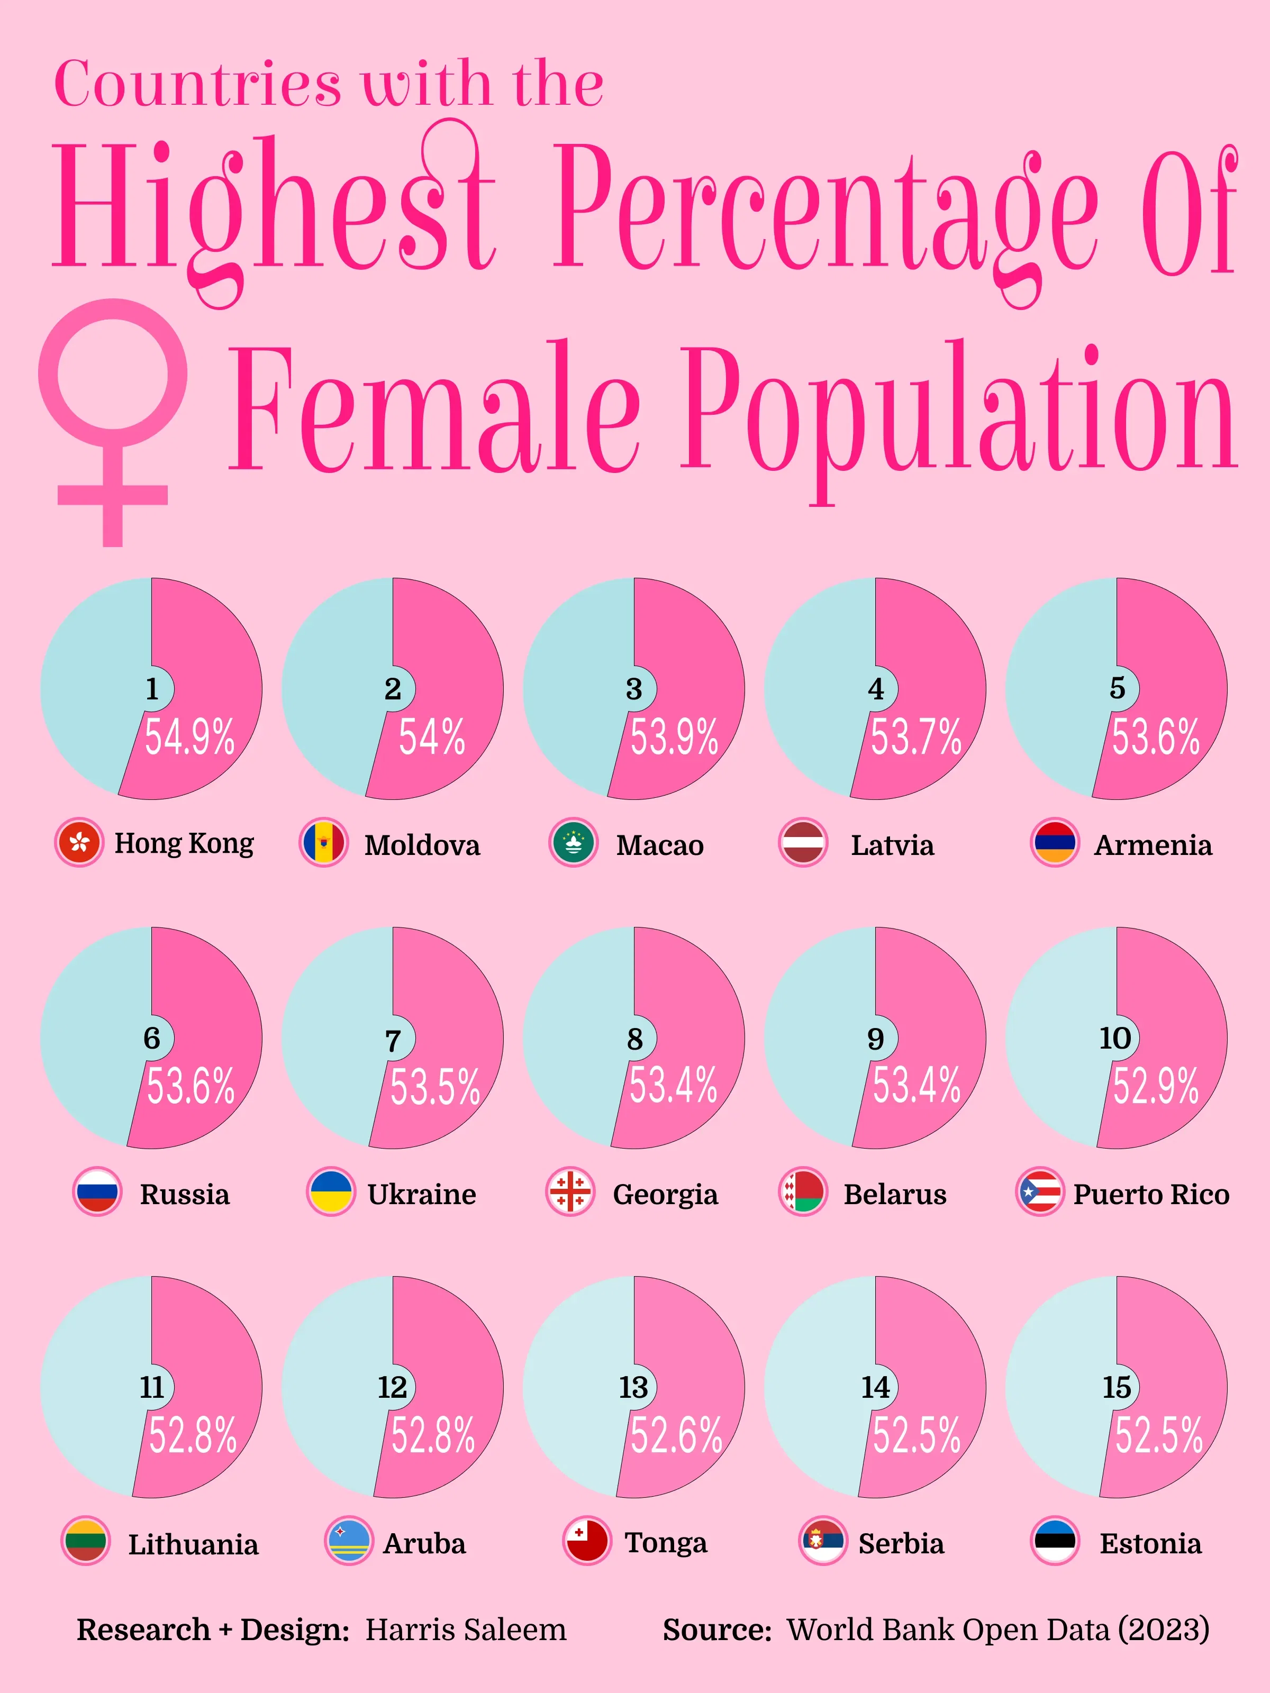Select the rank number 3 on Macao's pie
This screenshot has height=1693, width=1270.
tap(634, 689)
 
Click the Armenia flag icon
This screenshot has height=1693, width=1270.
tap(1055, 843)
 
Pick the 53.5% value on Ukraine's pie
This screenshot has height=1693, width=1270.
tap(435, 1087)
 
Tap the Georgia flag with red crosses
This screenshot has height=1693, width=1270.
tap(570, 1193)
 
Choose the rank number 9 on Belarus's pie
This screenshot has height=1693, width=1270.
tap(876, 1039)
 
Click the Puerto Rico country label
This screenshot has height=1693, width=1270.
tap(1150, 1194)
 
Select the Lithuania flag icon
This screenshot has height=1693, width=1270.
tap(86, 1542)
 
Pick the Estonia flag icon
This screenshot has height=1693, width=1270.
tap(1055, 1542)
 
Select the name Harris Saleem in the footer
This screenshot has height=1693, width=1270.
tap(466, 1630)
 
